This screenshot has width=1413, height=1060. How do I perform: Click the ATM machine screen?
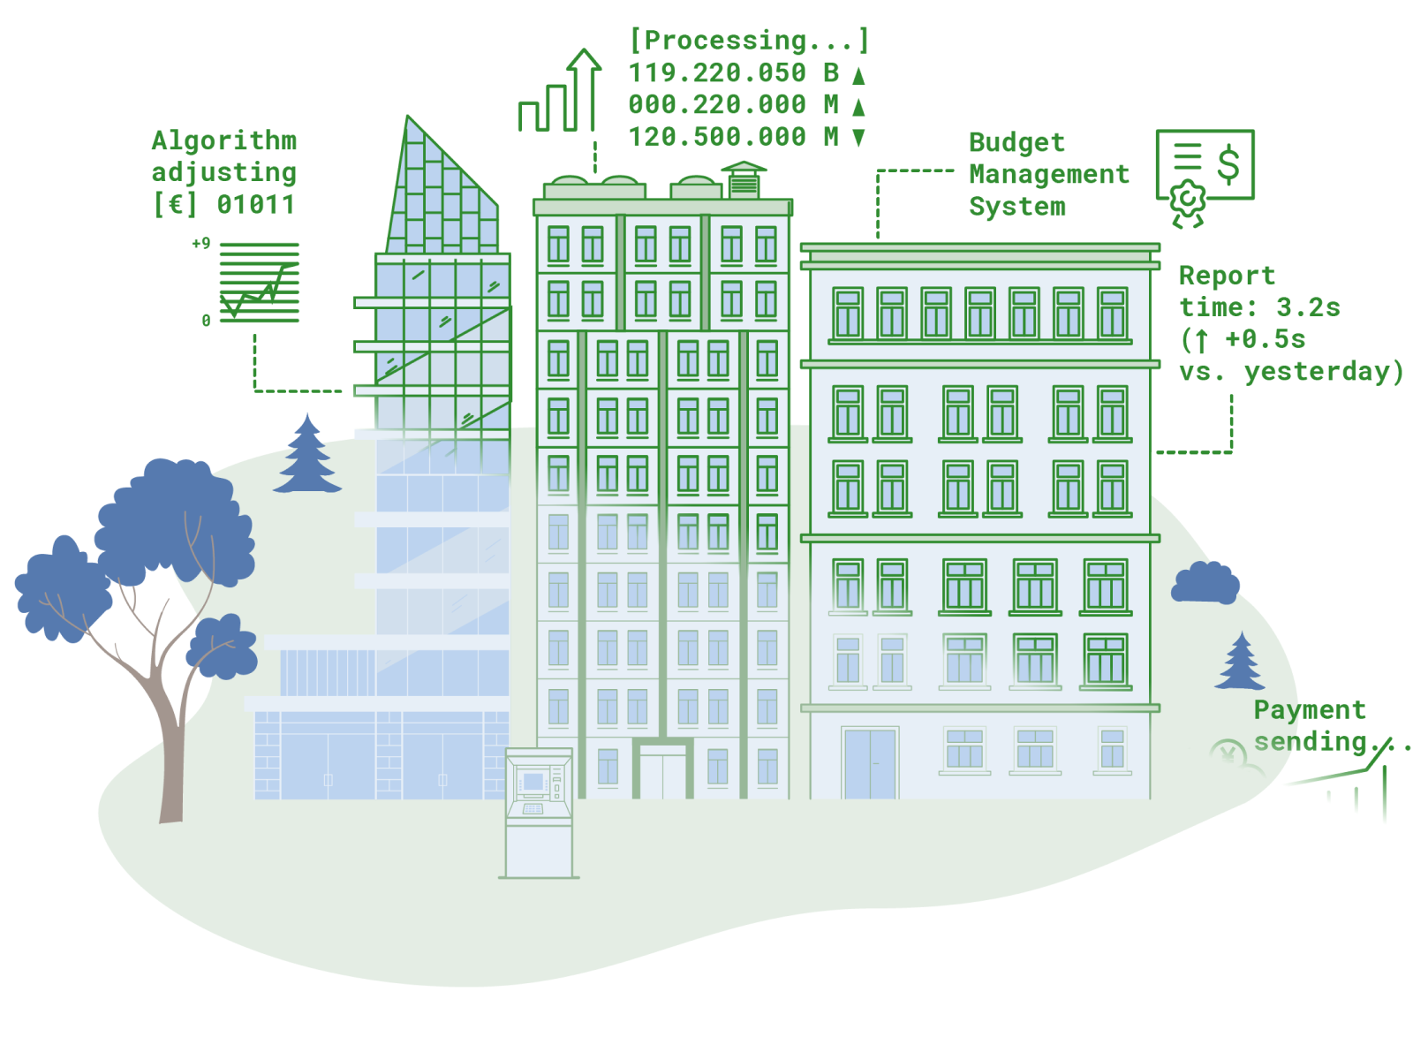coord(533,782)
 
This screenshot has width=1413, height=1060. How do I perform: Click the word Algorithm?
coord(224,141)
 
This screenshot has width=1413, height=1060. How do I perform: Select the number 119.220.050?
coord(716,72)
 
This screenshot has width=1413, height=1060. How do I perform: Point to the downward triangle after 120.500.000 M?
coord(858,137)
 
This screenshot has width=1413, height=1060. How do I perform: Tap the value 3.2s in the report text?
coord(1307,307)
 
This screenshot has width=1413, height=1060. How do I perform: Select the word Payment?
coord(1309,710)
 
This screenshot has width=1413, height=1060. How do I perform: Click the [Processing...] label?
coord(749,40)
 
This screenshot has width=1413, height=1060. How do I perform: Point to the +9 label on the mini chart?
coord(200,243)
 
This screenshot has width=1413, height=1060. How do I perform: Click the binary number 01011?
coord(255,205)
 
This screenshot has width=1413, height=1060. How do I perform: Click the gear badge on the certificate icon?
coord(1187,201)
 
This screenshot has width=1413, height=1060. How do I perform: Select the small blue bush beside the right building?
coord(1205,582)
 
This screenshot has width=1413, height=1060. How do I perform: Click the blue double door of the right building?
coord(870,764)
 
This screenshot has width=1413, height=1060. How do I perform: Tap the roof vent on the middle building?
coord(744,180)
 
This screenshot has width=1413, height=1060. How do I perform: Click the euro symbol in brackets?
coord(175,205)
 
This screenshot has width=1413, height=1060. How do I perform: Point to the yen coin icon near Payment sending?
coord(1228,753)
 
